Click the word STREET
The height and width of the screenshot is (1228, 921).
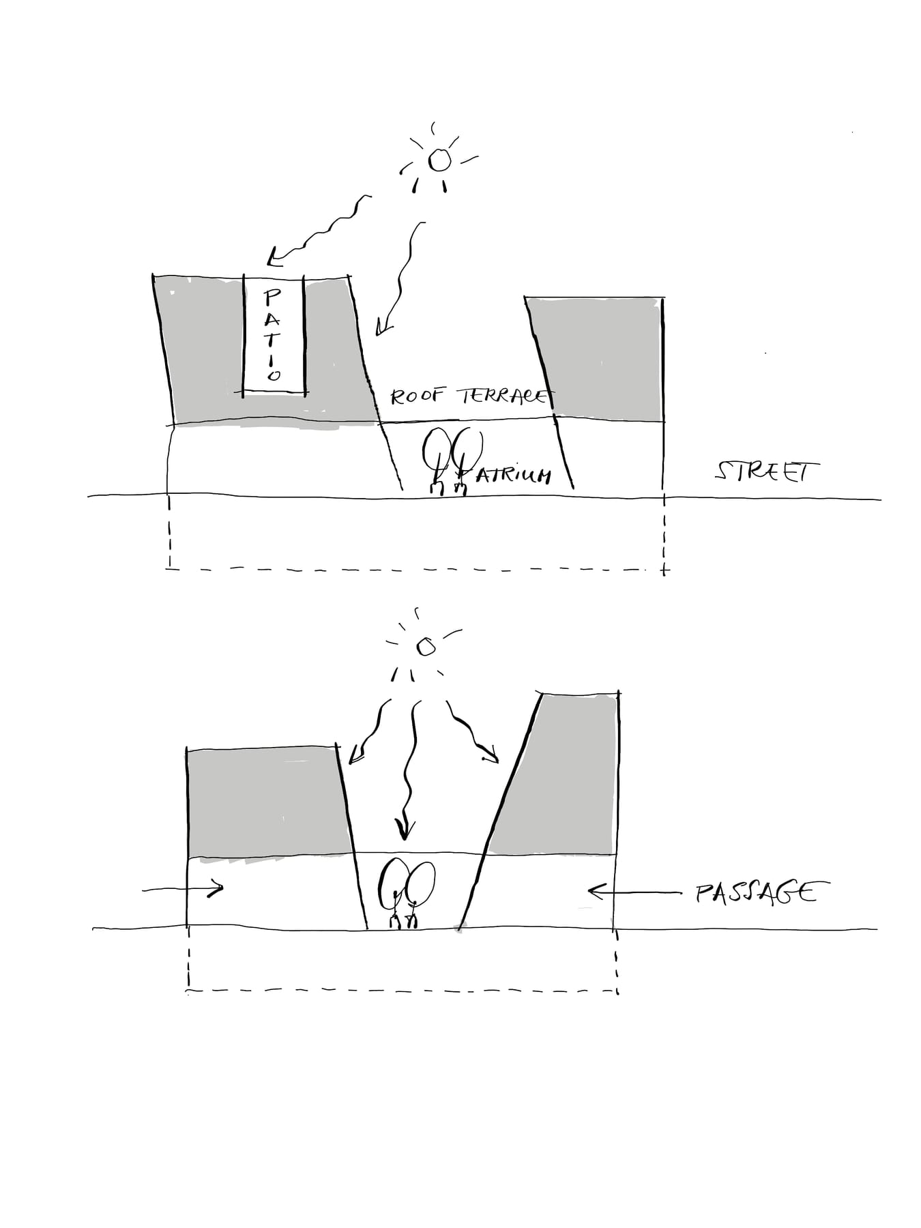point(767,471)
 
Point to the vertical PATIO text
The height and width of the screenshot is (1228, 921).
point(273,334)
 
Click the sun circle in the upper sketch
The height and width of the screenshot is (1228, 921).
point(439,160)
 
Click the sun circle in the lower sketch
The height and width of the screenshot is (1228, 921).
point(426,647)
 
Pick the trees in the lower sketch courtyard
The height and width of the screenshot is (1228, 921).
point(407,894)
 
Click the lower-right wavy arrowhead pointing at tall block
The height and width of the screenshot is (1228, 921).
point(490,754)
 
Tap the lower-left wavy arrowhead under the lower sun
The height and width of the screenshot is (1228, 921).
point(356,755)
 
